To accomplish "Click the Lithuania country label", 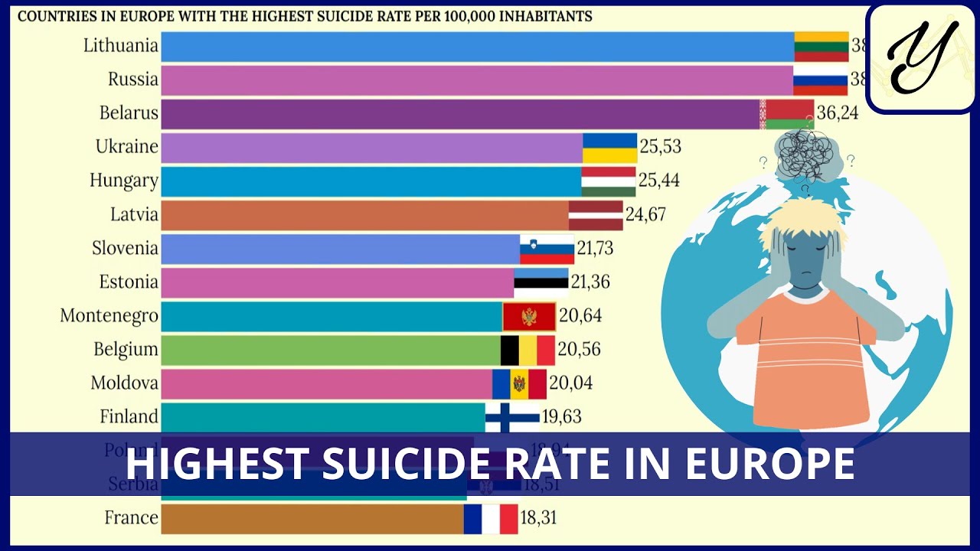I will [x=121, y=46].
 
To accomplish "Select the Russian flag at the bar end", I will [x=821, y=80].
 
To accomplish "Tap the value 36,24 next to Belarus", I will [x=838, y=113].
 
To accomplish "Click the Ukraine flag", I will [x=609, y=147].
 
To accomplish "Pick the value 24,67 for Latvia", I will [x=645, y=214].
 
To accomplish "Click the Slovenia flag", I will [x=547, y=249].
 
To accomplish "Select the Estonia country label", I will [x=129, y=282].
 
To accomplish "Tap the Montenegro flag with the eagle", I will [x=529, y=316].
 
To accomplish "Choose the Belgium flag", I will [x=528, y=350].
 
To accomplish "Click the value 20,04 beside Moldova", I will [x=571, y=383].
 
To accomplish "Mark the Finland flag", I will [x=512, y=417].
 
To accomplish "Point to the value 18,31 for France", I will [x=538, y=518].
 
